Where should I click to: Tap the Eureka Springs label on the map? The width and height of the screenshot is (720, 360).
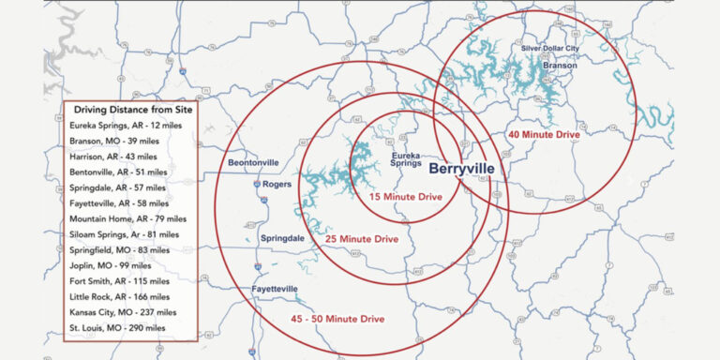pos(405,161)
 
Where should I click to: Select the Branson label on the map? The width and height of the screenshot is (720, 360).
pos(559,66)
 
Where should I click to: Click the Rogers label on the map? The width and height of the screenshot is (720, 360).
pos(277,184)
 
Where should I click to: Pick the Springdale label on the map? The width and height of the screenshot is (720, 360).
pos(282,239)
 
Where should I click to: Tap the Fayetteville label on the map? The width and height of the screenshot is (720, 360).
pos(276,288)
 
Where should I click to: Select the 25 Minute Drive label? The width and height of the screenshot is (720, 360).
pos(362,240)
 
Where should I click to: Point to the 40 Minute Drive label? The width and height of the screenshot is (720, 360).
pos(545,134)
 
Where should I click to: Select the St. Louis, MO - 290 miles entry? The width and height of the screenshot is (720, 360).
pos(119,327)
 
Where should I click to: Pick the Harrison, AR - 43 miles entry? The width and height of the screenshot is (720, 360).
pos(113,156)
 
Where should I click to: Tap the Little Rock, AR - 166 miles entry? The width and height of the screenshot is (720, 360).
pos(120,296)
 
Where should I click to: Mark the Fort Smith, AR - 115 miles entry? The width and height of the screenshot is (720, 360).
pos(119,280)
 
